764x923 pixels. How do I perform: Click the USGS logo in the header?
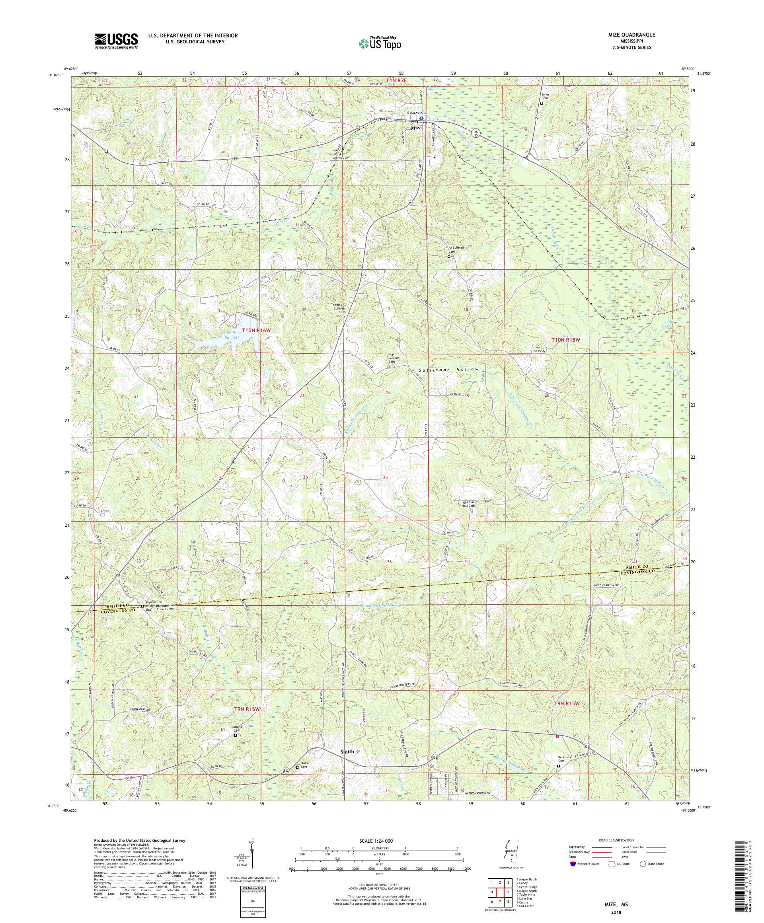tap(117, 41)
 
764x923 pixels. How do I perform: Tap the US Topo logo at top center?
tap(380, 43)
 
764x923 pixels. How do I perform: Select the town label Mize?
tap(416, 127)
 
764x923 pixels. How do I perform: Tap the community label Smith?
tap(347, 752)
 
